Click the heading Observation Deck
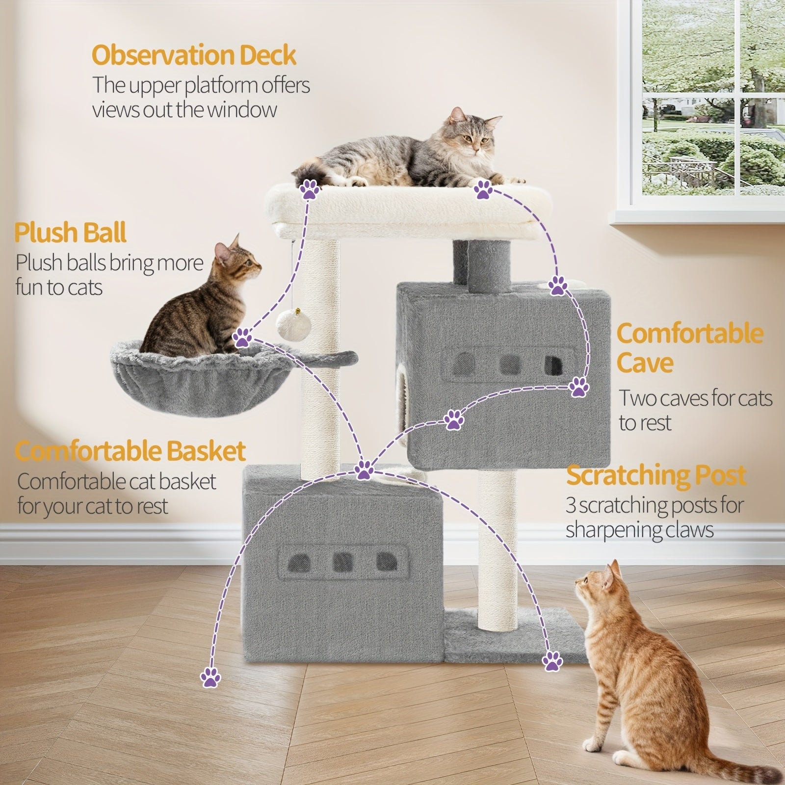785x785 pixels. [194, 55]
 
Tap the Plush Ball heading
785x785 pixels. [71, 232]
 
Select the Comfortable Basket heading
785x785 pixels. [130, 451]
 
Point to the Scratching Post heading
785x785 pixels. [656, 475]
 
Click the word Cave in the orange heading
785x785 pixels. [645, 363]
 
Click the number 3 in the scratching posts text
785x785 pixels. [571, 505]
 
